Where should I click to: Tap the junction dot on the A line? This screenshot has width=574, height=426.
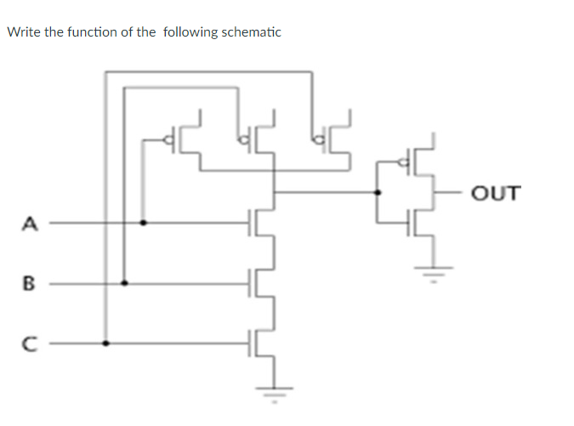click(x=143, y=224)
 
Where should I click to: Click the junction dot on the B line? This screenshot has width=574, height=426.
click(x=125, y=283)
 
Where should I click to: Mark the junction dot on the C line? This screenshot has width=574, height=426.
click(x=106, y=344)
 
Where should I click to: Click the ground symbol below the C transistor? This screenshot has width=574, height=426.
click(x=274, y=393)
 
